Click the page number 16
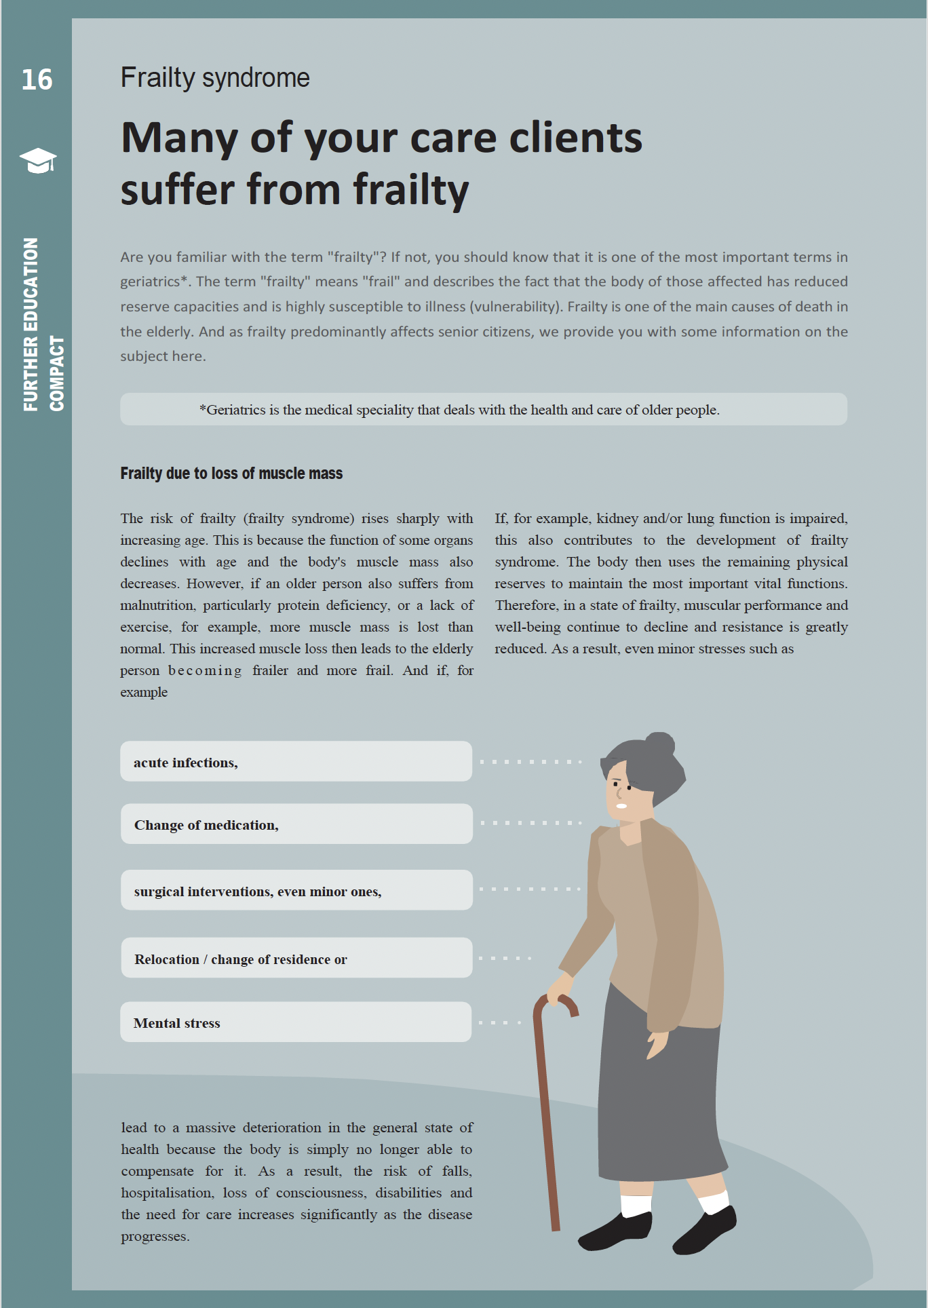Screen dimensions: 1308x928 tap(37, 79)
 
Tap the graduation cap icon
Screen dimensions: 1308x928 tap(38, 161)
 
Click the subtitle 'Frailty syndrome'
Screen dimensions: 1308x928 tap(215, 77)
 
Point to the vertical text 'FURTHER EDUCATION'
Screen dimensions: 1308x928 tap(31, 324)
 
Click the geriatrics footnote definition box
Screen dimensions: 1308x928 tap(483, 409)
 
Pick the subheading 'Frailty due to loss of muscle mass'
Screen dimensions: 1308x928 tap(231, 474)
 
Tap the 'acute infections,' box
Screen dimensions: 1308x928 tap(296, 761)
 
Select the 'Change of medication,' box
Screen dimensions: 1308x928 tap(296, 824)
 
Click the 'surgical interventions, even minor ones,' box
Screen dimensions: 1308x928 tap(296, 890)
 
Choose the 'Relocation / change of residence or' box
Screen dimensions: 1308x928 tap(296, 958)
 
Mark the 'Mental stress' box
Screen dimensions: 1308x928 tap(296, 1022)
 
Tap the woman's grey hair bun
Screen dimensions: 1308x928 tap(660, 744)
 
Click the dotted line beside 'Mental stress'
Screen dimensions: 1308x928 tap(500, 1022)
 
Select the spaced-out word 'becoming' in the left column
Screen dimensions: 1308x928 tap(205, 670)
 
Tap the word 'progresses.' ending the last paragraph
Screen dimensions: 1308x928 tap(155, 1236)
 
